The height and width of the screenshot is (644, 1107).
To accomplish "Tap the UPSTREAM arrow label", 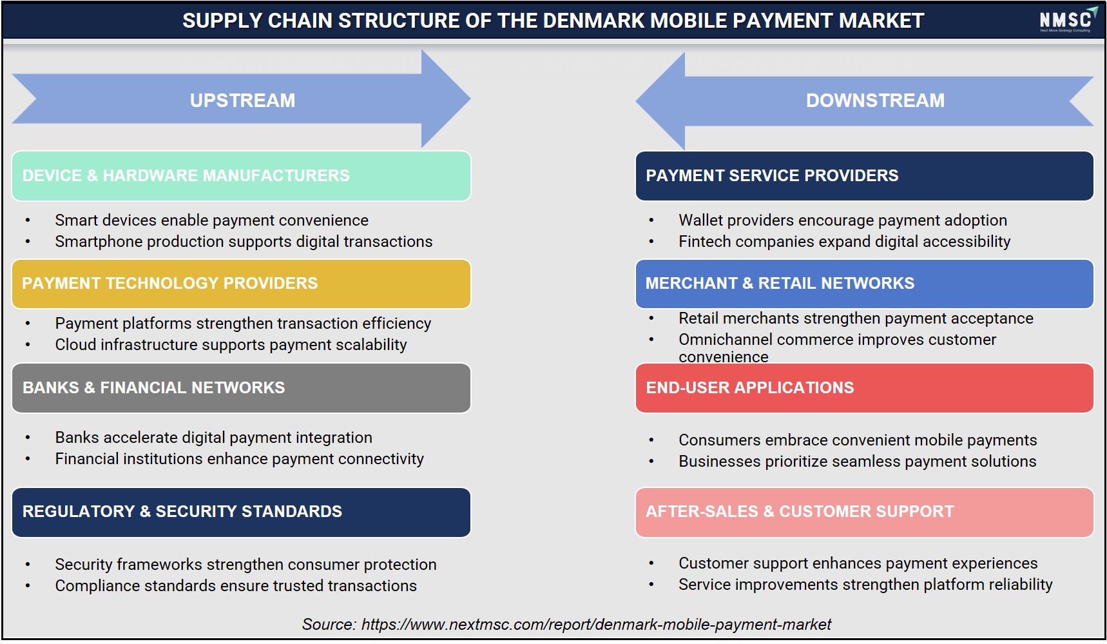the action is point(242,101).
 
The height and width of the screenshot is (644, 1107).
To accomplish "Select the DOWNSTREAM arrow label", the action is point(875,101).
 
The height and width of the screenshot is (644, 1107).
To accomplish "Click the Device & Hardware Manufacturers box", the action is point(241,176).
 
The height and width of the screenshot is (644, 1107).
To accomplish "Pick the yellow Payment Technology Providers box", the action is point(241,284).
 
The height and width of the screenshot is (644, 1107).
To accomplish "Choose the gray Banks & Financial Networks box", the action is point(241,388).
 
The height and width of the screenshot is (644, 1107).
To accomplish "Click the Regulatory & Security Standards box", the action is point(241,512).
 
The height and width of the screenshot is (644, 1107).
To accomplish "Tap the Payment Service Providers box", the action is point(864,176).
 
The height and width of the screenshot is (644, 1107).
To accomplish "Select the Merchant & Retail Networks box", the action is point(864,284).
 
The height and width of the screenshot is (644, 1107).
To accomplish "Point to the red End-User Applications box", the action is point(864,388).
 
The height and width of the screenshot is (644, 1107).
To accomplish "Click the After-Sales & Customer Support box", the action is point(864,512).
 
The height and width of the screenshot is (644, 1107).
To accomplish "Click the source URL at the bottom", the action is point(596,625).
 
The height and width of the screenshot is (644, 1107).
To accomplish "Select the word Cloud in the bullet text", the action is point(75,345).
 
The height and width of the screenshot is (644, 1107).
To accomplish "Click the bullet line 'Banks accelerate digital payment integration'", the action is point(213,438).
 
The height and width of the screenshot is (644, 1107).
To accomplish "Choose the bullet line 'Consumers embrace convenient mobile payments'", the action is point(858,440).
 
